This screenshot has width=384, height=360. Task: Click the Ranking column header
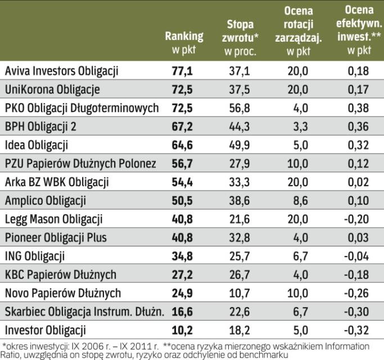(183, 42)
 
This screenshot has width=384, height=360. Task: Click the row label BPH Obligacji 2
(40, 127)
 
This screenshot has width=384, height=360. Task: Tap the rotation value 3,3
(299, 127)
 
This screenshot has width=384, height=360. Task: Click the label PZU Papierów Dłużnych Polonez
(80, 164)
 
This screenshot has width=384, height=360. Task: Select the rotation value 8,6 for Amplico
(299, 201)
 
